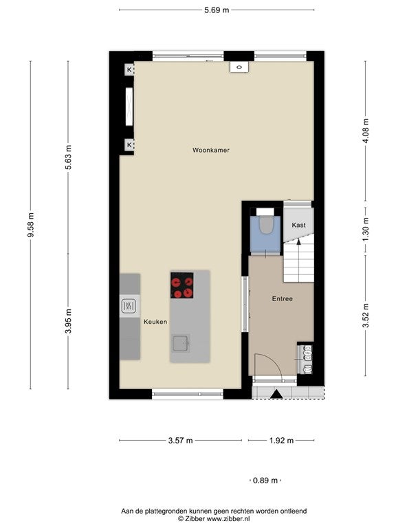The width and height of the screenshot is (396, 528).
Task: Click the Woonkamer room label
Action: [x=211, y=150]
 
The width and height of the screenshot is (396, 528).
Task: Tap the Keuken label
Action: [x=155, y=322]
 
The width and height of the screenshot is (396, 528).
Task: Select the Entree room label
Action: [x=282, y=298]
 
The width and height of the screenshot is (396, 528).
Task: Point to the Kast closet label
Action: [x=298, y=225]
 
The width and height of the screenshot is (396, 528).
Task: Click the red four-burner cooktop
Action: [x=181, y=285]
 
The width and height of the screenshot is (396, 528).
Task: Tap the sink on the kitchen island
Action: [x=181, y=344]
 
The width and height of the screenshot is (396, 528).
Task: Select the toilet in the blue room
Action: [x=265, y=225]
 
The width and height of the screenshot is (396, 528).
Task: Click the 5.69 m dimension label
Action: [x=217, y=10]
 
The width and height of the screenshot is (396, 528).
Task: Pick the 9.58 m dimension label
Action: [x=31, y=225]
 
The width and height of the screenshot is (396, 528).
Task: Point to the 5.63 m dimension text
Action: [x=68, y=157]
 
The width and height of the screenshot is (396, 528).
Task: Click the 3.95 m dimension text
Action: [x=68, y=321]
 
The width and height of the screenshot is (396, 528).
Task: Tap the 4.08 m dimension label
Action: [x=366, y=131]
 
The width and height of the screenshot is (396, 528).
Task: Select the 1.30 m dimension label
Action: [x=366, y=229]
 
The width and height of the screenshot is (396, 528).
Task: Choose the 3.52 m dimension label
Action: [x=366, y=315]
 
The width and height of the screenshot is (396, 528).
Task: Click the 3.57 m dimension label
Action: [x=181, y=441]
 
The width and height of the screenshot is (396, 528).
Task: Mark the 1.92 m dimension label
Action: [x=281, y=441]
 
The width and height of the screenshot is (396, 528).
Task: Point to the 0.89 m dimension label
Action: [x=265, y=481]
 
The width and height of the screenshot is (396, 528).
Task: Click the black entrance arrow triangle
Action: [x=276, y=395]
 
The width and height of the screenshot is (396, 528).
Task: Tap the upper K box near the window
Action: [x=129, y=70]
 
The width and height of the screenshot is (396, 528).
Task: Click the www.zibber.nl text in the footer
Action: [x=228, y=519]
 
